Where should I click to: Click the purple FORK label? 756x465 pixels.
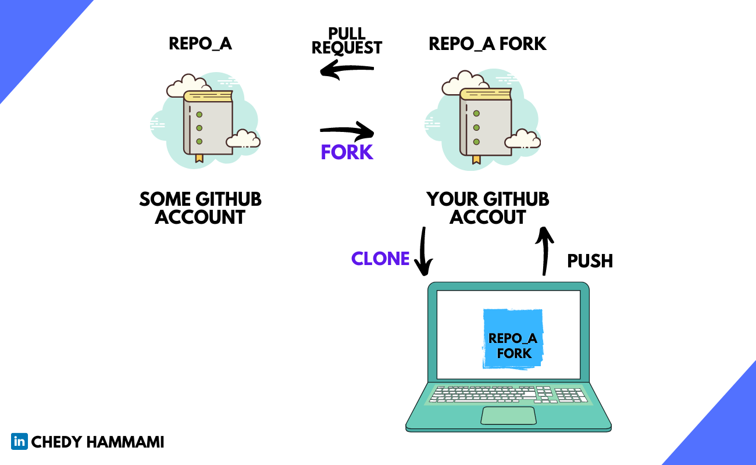(x=347, y=152)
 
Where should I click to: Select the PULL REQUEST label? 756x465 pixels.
(x=347, y=41)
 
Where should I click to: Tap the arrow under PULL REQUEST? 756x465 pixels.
(x=347, y=71)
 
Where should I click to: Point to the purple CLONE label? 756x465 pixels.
(x=380, y=259)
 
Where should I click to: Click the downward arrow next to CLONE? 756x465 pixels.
(x=423, y=251)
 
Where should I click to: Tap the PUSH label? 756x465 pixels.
(x=590, y=261)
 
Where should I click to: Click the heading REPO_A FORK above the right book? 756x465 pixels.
(x=487, y=44)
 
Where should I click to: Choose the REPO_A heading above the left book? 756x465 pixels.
(x=200, y=44)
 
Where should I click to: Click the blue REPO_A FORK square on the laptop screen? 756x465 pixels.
(x=513, y=339)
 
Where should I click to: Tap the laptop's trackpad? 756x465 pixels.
(x=508, y=416)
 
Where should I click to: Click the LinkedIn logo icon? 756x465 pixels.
(x=19, y=442)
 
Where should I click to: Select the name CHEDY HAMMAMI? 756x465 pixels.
(x=98, y=442)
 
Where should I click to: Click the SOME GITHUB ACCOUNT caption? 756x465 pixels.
(x=200, y=208)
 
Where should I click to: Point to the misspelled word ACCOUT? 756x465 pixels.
(x=487, y=217)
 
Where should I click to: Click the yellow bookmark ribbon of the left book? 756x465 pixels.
(x=199, y=158)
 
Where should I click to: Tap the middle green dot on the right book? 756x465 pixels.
(x=476, y=127)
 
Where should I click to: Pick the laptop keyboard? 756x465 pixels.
(x=508, y=395)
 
